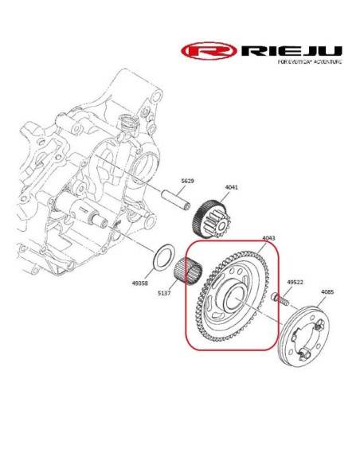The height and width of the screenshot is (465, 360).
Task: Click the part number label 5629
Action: coord(187,181)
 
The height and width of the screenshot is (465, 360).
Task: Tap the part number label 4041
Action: coord(231,187)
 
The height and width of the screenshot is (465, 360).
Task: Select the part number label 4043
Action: coord(268,238)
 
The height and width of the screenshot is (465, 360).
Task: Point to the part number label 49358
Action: coord(140,283)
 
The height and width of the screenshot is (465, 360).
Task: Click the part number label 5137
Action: coord(164,293)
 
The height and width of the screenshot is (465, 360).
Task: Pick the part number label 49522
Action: coord(295,282)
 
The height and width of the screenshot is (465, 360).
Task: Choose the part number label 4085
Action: coord(327,291)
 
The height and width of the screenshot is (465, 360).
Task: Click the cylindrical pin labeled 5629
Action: coord(175,201)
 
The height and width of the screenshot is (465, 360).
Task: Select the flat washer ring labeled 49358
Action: coord(155,257)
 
